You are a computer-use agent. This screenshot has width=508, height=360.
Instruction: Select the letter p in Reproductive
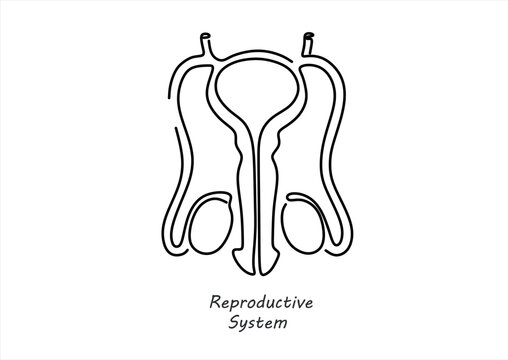[x=236, y=303]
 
